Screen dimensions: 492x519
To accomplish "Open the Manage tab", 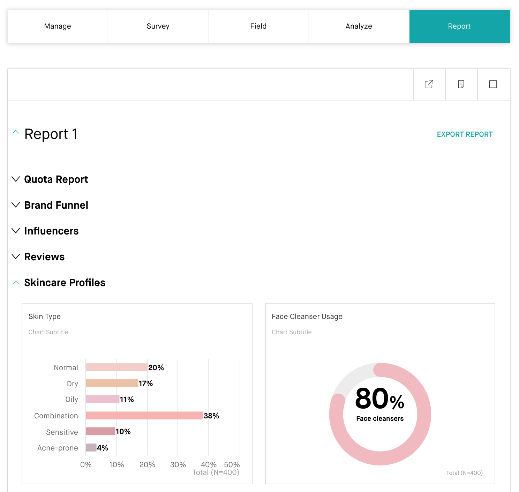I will [58, 27].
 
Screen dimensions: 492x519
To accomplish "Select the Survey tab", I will [158, 27].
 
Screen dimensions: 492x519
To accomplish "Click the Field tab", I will [258, 27].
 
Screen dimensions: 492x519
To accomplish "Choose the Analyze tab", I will [359, 27].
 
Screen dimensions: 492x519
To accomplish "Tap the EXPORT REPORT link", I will [465, 134].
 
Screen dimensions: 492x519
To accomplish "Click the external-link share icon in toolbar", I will [429, 84].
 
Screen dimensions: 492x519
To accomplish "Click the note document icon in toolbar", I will [461, 84].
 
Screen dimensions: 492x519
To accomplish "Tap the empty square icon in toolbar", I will [493, 84].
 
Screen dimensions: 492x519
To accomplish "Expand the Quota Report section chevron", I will [16, 179].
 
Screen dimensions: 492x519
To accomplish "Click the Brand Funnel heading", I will [56, 205].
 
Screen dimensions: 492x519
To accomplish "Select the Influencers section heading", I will [51, 231].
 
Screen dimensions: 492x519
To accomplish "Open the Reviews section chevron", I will [16, 257].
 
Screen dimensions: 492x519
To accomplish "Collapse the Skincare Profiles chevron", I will [16, 283].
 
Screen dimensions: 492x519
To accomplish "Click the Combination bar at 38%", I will [144, 416].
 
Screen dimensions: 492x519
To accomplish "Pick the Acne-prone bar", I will [91, 448].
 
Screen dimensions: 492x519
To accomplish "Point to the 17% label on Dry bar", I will [146, 383].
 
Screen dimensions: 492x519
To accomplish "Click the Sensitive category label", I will [62, 432].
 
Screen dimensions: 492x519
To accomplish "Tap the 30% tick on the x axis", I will [178, 465].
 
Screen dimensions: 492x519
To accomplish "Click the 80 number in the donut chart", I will [372, 399].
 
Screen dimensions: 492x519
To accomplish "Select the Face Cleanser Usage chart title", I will [307, 316].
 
